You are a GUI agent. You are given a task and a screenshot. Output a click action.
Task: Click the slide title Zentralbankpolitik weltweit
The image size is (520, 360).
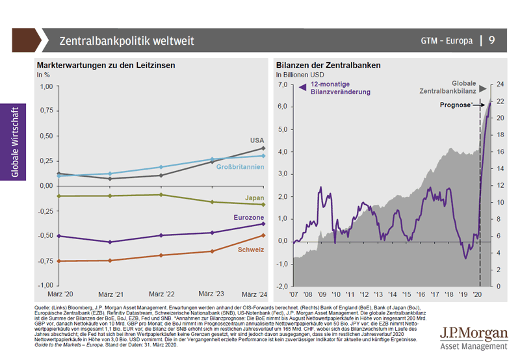coord(126,41)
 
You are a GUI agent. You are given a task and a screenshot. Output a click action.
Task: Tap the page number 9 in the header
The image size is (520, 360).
coord(491,40)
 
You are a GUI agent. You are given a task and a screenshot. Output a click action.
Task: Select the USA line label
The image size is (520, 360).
coord(257,140)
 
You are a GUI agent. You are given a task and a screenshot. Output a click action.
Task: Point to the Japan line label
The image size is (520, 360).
coord(254,198)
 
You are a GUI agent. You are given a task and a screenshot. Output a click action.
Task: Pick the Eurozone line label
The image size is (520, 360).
coord(249,216)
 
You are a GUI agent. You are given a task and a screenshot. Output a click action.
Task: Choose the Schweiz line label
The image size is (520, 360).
coord(251,250)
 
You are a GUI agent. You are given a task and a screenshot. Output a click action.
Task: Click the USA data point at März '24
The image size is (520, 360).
coord(263,148)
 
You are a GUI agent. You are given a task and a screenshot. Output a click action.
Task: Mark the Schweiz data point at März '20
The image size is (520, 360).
coord(58,261)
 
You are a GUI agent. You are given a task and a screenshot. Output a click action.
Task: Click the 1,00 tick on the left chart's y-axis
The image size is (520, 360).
coord(45,86)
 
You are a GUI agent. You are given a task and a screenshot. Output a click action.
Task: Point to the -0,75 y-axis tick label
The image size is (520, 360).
coord(44,261)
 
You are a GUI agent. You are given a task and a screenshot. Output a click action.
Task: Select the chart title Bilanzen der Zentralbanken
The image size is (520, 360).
coord(328,66)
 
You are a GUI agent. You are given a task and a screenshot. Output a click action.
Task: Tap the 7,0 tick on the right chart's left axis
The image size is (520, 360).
coord(281,84)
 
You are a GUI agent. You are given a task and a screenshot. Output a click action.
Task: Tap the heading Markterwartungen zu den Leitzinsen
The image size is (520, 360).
coord(106,66)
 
